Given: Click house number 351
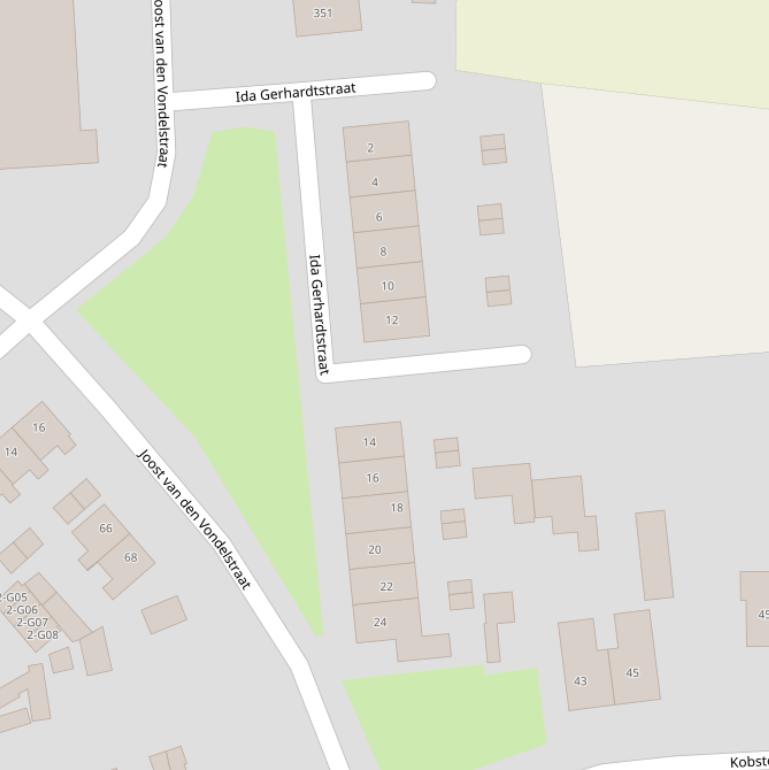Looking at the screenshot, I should click(x=322, y=13).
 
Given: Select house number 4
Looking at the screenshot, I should click(x=375, y=182).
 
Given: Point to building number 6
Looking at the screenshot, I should click(x=379, y=217).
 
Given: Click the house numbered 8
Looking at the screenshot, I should click(x=383, y=251).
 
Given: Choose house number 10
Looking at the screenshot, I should click(x=387, y=286).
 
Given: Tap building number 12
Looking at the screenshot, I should click(x=391, y=320).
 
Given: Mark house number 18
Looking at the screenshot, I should click(x=396, y=508).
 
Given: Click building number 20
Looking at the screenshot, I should click(x=375, y=549).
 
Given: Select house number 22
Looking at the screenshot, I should click(x=386, y=586).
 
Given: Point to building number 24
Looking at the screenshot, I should click(x=380, y=622).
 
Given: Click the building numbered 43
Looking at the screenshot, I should click(x=580, y=681).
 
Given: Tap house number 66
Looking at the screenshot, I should click(x=106, y=528).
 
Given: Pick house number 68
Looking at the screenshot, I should click(x=130, y=557).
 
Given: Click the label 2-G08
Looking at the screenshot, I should click(x=43, y=635).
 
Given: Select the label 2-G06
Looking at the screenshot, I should click(x=22, y=610).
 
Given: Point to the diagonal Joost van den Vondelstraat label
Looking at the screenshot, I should click(x=193, y=517).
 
